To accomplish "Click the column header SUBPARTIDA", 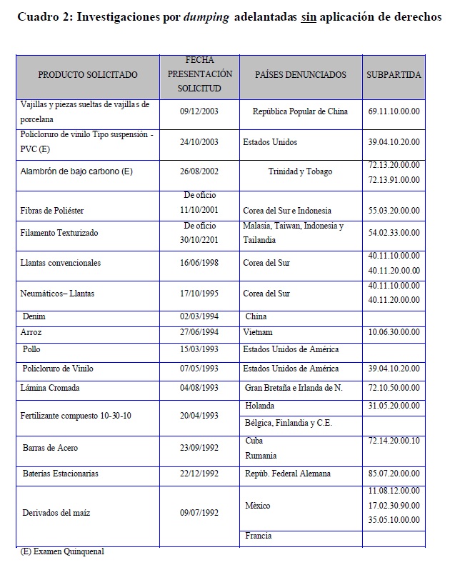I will (394, 74).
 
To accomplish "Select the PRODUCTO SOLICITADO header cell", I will (88, 74).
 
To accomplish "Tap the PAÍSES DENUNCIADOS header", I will (301, 74).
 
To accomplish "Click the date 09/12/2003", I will (199, 111).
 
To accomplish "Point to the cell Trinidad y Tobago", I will (300, 171).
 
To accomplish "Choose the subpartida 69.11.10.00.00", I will (394, 111).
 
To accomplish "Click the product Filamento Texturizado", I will (59, 233).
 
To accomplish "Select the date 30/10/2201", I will (199, 240).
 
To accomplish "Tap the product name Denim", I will (34, 316).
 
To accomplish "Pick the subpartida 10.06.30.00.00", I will (394, 332).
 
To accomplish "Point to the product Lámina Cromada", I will (50, 388).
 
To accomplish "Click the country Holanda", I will (259, 406).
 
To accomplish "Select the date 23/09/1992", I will (199, 448).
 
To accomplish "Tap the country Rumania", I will (261, 455).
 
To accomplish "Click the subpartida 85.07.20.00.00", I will (394, 474).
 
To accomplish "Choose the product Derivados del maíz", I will (56, 513).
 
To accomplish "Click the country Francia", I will (259, 536).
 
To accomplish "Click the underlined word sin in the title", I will (308, 16).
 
